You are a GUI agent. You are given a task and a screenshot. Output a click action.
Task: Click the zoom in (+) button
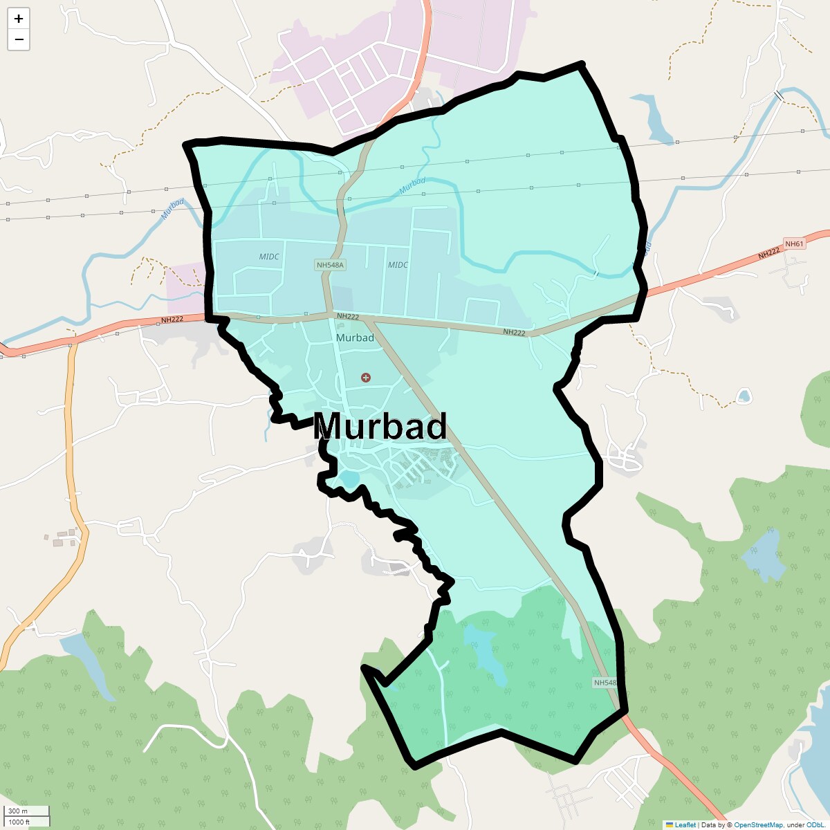click(x=19, y=19)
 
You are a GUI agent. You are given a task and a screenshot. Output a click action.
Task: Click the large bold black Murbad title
click(x=380, y=427)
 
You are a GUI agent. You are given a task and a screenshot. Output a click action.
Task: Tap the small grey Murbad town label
click(x=355, y=338)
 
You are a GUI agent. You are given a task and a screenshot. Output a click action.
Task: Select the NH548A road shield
click(x=330, y=265)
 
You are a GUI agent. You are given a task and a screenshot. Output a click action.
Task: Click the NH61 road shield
click(x=794, y=243)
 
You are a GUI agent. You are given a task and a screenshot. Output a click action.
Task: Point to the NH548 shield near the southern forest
click(x=605, y=683)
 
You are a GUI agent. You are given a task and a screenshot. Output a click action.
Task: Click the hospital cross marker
click(x=366, y=377)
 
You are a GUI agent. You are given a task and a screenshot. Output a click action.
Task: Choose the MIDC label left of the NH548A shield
click(x=269, y=257)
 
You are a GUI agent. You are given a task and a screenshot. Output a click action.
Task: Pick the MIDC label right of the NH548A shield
click(x=398, y=265)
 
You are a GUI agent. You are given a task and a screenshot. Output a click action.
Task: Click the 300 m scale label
click(x=19, y=811)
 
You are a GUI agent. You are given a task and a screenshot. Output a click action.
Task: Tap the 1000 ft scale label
click(x=20, y=822)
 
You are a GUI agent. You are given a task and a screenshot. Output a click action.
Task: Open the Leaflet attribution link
click(x=685, y=824)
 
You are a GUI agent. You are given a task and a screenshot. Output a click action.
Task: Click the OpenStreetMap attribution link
click(x=758, y=824)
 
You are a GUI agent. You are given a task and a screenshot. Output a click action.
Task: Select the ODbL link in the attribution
click(x=815, y=824)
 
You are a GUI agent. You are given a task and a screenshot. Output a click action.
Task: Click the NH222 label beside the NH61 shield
click(x=768, y=255)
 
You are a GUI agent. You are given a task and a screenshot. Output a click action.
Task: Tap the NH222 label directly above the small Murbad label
click(x=348, y=316)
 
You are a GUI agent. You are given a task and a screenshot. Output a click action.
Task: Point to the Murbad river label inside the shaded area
click(x=412, y=185)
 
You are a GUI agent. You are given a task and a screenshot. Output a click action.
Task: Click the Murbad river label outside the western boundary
click(x=173, y=209)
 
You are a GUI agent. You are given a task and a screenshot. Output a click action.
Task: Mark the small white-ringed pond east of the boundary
click(x=744, y=396)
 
